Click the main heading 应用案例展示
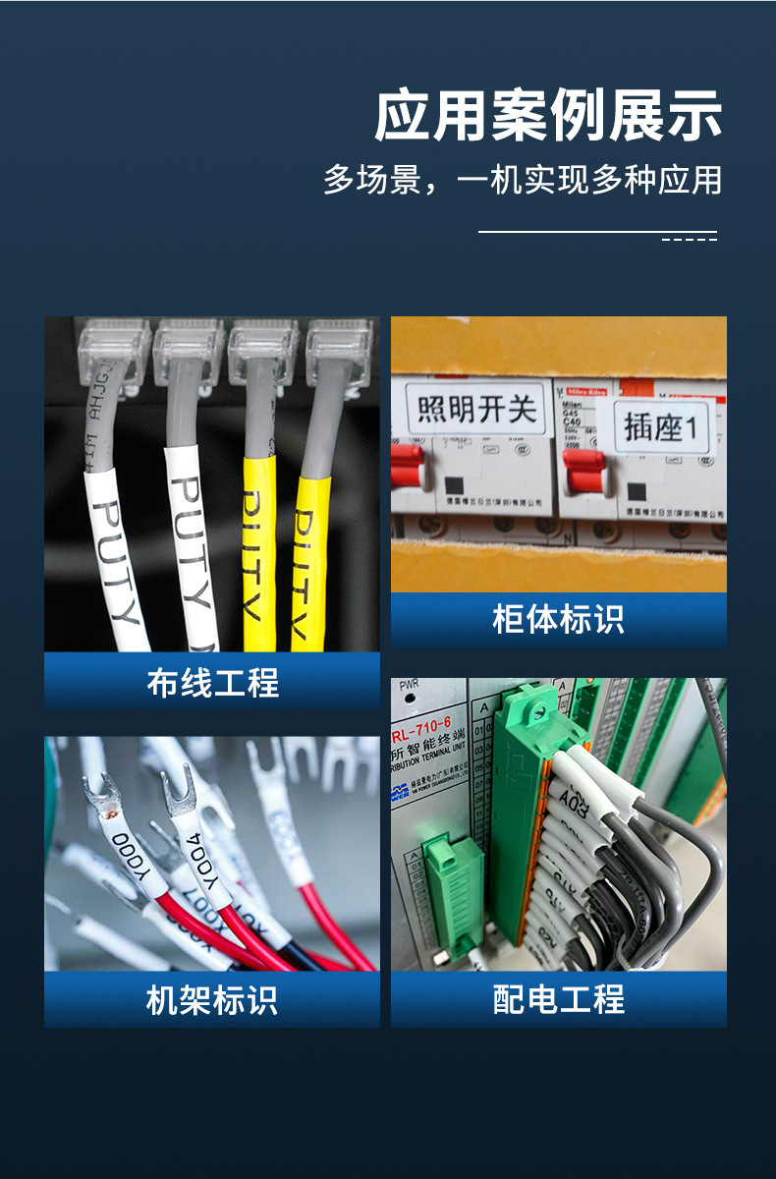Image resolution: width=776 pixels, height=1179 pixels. (x=548, y=116)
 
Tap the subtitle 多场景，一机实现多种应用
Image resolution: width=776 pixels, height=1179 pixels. (x=523, y=180)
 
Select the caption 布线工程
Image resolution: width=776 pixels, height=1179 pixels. (x=212, y=682)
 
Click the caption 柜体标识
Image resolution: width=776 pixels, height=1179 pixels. (x=558, y=620)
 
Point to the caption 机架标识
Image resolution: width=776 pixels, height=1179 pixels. (x=212, y=1000)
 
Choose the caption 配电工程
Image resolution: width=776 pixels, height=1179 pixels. (x=558, y=1000)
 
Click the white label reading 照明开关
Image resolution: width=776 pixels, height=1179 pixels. (x=477, y=409)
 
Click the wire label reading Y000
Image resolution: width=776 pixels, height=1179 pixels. (x=128, y=854)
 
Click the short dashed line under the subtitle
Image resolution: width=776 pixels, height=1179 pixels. (x=689, y=239)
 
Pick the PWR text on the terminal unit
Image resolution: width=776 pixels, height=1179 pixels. (x=410, y=684)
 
